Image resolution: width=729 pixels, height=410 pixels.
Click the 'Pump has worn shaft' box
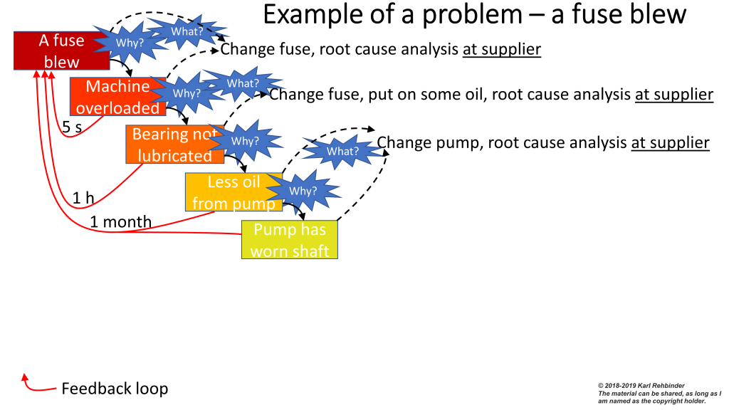click(290, 240)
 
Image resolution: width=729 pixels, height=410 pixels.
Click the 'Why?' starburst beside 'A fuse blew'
click(130, 43)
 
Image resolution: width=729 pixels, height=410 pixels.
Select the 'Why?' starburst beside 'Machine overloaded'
click(187, 93)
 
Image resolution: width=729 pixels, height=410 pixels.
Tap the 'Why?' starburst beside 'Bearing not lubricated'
click(245, 141)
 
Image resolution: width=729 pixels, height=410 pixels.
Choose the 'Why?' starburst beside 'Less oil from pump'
click(303, 191)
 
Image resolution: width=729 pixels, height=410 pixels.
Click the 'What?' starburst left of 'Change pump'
click(342, 151)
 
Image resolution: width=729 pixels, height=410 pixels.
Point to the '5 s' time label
click(72, 127)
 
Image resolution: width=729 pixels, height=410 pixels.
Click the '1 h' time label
click(83, 198)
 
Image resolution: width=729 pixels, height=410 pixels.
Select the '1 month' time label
click(120, 221)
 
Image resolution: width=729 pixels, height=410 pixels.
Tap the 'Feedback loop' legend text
click(115, 389)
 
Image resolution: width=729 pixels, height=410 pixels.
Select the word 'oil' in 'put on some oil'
click(471, 95)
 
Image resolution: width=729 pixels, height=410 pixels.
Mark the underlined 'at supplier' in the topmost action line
click(502, 49)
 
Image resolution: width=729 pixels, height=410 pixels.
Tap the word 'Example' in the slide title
click(303, 14)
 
